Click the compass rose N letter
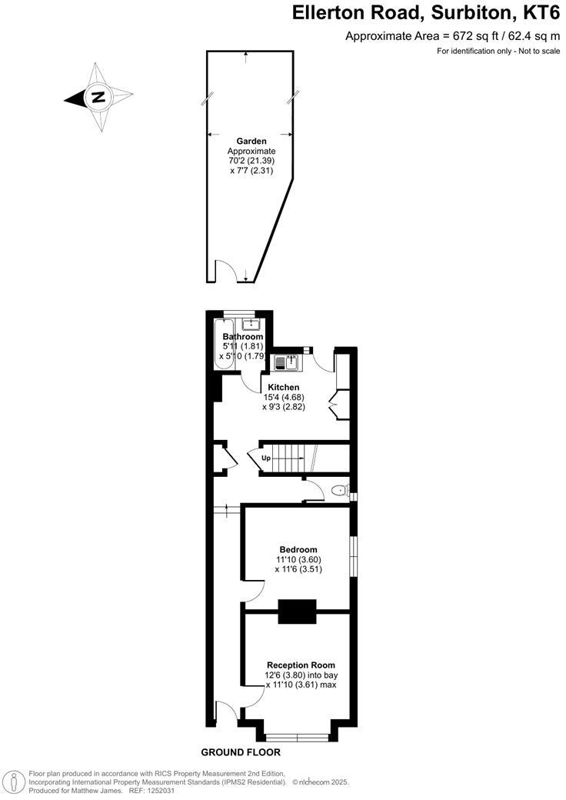coord(98,98)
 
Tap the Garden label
coord(251,142)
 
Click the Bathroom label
coord(243,337)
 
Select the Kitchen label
coord(284,387)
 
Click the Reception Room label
coord(301,665)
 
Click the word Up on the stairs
coord(267,458)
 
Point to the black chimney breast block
coord(297,612)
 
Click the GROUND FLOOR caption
coord(241,752)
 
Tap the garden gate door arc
coord(225,271)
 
